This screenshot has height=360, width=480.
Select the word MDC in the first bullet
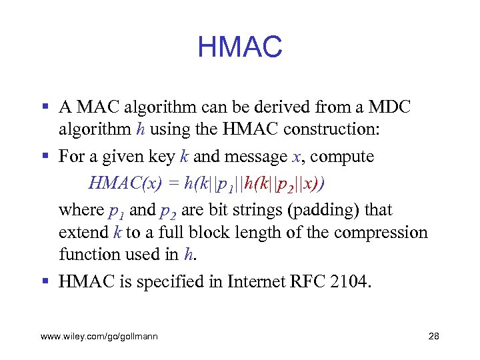389,107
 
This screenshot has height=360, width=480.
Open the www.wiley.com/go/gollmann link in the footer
99,336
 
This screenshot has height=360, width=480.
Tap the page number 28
433,336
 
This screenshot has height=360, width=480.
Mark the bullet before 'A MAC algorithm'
44,107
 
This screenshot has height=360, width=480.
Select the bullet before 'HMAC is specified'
44,282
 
